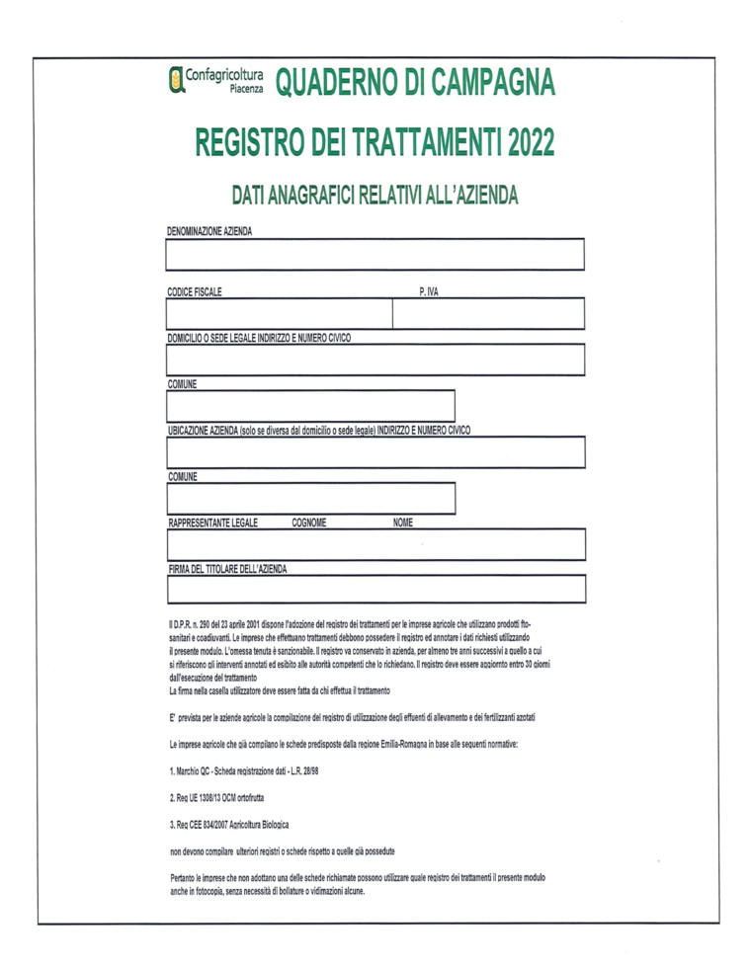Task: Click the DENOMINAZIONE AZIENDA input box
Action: pos(376,255)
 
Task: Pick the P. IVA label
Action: pos(429,291)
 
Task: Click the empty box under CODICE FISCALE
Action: pos(280,314)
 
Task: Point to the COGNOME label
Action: pos(309,522)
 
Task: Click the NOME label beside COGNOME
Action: pos(402,522)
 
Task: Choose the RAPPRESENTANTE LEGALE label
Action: pos(213,522)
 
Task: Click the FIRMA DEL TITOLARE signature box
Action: pos(376,590)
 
